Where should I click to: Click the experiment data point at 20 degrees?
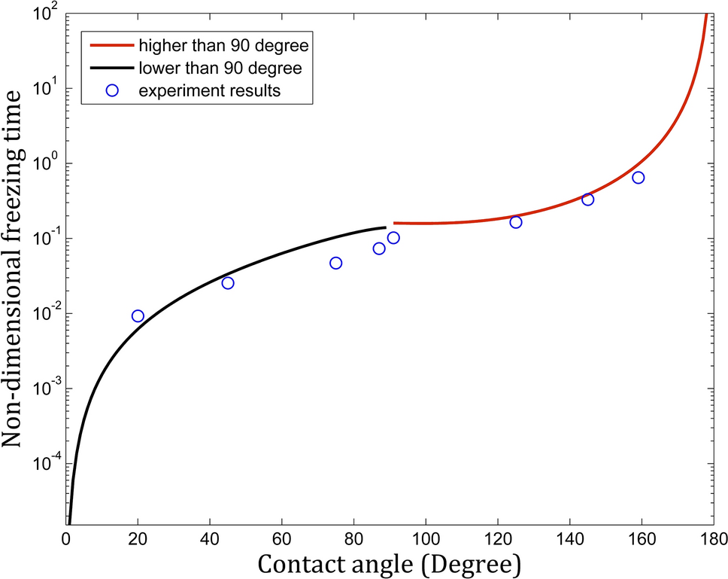coord(138,315)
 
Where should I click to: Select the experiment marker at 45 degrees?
coord(228,283)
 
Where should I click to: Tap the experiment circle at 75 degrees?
coord(335,263)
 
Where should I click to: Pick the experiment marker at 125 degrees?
coord(516,222)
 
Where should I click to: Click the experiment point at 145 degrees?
coord(588,200)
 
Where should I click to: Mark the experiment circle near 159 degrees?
coord(639,178)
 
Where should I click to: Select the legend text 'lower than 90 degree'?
coord(220,69)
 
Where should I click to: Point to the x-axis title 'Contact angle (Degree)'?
coord(389,563)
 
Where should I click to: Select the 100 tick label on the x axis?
coord(426,539)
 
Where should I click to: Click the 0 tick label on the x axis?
coord(66,539)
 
